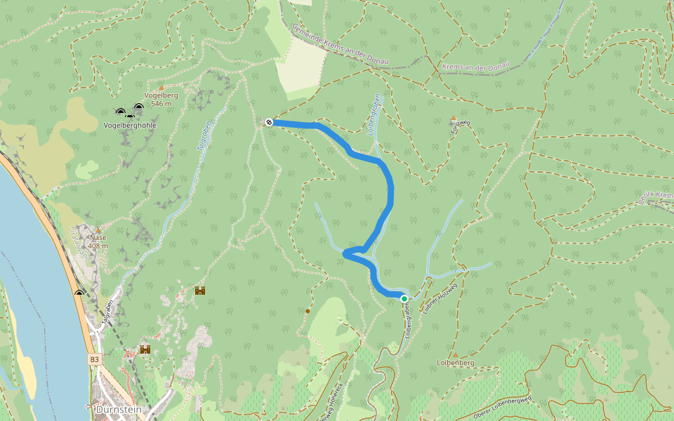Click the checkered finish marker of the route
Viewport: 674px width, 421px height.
click(x=268, y=123)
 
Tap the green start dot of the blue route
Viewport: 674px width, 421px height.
click(x=404, y=299)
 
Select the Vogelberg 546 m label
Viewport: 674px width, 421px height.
click(x=161, y=99)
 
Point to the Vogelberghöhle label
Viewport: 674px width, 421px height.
click(x=129, y=125)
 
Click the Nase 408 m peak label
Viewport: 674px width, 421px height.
click(x=98, y=241)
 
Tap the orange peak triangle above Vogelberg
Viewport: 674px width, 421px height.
click(x=161, y=88)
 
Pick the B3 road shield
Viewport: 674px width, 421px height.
click(x=95, y=359)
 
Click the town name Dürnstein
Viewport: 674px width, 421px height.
click(x=119, y=409)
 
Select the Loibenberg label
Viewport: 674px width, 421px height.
click(x=456, y=363)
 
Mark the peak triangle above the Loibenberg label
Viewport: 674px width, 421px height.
click(x=455, y=354)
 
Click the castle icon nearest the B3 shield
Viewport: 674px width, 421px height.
click(x=145, y=349)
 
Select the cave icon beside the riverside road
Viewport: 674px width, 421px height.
click(x=79, y=293)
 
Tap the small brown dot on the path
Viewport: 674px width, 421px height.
click(x=308, y=311)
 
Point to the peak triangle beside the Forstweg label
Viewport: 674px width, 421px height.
click(x=454, y=118)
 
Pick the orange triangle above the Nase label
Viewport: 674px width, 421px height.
click(x=98, y=230)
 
